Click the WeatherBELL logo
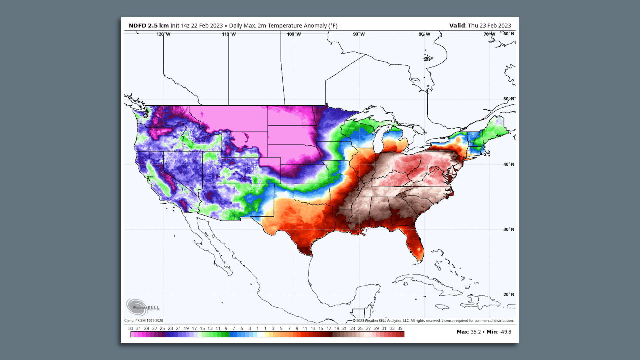(x=143, y=307)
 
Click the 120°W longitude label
(x=163, y=34)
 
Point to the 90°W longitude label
(x=359, y=34)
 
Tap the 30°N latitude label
(x=509, y=229)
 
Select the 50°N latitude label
(x=509, y=99)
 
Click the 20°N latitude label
(x=509, y=294)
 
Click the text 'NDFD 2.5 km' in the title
(x=149, y=26)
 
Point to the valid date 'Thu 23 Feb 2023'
(x=489, y=26)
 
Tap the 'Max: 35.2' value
(x=468, y=332)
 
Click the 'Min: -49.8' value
(x=499, y=332)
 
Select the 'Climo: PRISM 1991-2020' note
(x=144, y=321)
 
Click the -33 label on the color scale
(x=130, y=328)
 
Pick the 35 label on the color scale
(x=400, y=328)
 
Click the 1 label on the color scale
(x=265, y=328)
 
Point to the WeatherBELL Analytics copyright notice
(x=433, y=321)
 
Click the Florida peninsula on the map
(x=415, y=243)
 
